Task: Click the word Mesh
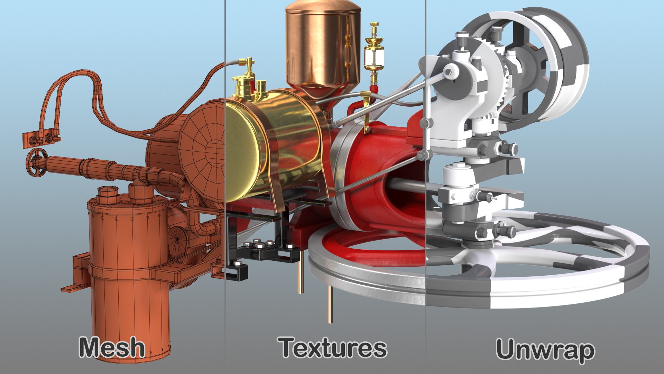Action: click(x=112, y=347)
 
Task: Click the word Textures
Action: click(x=333, y=348)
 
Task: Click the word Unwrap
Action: click(x=545, y=350)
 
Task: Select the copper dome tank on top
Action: click(x=323, y=45)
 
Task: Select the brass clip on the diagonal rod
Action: click(x=366, y=111)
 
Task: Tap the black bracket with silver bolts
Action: click(x=263, y=249)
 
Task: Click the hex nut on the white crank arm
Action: click(x=449, y=72)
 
